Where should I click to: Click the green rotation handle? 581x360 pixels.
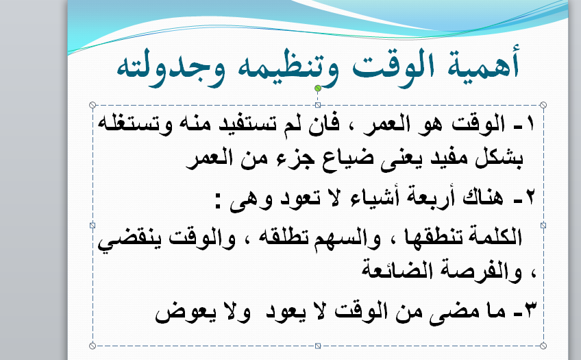coord(317,88)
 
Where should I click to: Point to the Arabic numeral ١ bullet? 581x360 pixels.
coord(530,123)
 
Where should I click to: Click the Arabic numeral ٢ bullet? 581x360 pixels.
coord(530,197)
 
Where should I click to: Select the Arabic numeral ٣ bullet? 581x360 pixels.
coord(530,310)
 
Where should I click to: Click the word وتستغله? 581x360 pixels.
coord(135,123)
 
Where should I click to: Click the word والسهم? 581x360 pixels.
coord(347,238)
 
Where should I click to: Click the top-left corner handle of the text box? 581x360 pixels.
coord(92,106)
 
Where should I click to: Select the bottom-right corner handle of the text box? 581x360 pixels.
coord(543,346)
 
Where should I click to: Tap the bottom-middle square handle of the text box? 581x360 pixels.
coord(318,346)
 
